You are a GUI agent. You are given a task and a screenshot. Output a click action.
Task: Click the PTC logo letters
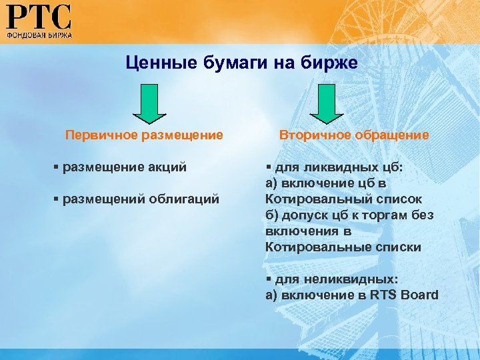[39, 16]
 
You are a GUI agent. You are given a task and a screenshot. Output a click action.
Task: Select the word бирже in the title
[333, 63]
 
